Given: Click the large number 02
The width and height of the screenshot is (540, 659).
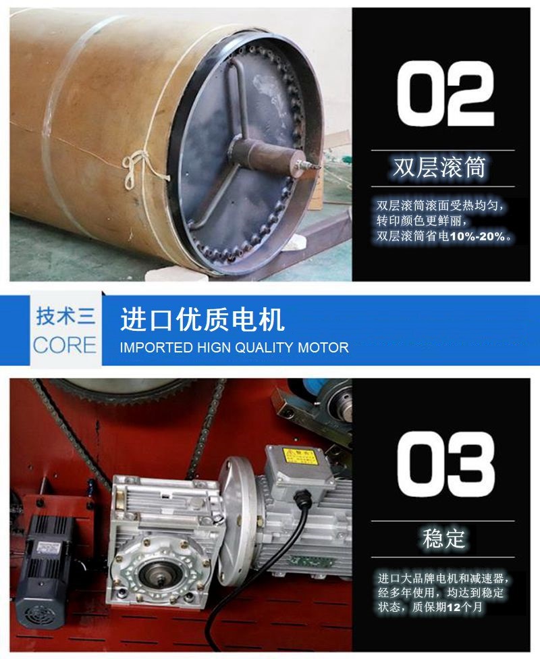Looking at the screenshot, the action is (x=446, y=94).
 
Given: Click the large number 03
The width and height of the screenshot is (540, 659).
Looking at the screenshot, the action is (x=446, y=465).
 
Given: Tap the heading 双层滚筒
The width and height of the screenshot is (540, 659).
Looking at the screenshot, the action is (x=439, y=167).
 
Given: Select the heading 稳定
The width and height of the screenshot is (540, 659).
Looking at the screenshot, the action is (x=443, y=538).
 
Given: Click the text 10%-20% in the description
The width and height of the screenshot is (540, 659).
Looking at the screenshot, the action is (x=477, y=236).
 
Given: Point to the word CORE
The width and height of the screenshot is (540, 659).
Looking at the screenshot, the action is (x=65, y=345).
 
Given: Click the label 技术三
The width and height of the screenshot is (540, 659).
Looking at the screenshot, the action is (x=65, y=315).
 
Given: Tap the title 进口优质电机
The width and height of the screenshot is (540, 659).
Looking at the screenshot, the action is (x=202, y=319).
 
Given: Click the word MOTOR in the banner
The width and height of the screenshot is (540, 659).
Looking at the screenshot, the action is (x=323, y=348).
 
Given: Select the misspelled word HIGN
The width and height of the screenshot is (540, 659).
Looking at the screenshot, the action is (x=215, y=348).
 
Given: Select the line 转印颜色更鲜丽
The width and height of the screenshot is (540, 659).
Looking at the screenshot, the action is (x=421, y=221).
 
